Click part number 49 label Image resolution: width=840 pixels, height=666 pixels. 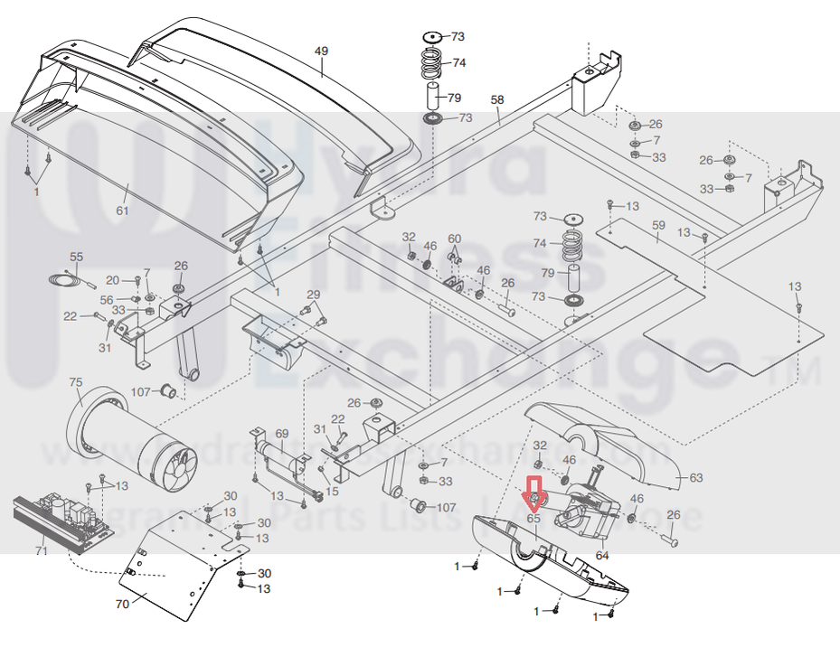click(321, 52)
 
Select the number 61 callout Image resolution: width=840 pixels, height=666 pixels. click(122, 211)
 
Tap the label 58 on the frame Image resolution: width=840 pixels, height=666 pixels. click(496, 99)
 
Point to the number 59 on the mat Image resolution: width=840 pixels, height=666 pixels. click(658, 224)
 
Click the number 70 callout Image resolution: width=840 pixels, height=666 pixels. click(122, 605)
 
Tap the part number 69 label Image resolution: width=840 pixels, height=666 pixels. click(281, 435)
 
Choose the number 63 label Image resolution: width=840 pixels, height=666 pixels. click(695, 476)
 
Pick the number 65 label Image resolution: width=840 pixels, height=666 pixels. click(533, 519)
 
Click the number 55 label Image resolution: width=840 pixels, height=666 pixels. click(76, 258)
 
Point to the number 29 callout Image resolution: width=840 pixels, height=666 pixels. click(313, 295)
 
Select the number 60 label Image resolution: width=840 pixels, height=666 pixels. click(454, 239)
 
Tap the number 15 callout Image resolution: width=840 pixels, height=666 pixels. click(332, 491)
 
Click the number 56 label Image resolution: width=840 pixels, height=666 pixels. click(107, 300)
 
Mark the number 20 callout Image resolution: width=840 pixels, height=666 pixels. click(113, 280)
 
